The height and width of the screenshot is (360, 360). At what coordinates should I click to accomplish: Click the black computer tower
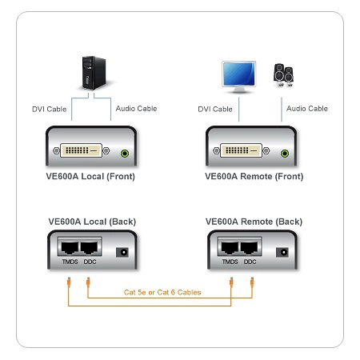94,73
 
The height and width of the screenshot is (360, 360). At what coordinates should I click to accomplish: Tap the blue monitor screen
238,74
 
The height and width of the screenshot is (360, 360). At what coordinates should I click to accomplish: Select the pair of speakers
283,75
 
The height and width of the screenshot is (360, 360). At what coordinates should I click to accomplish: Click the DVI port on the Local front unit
81,150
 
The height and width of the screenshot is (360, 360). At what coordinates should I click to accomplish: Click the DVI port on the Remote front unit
241,150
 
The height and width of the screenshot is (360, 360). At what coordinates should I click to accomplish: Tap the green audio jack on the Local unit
125,154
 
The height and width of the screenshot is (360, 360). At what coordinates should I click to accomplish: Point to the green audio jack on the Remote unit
285,154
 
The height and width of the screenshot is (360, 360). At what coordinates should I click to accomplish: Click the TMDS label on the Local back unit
70,262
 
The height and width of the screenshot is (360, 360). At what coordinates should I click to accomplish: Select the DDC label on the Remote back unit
250,262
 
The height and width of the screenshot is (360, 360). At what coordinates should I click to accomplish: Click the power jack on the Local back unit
122,252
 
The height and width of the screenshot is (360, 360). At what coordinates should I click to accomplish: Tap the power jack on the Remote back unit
282,252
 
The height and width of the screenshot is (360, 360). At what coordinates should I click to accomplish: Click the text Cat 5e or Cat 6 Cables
162,292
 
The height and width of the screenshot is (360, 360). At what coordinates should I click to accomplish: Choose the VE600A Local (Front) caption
90,176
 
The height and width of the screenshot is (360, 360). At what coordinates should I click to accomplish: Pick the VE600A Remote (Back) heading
254,222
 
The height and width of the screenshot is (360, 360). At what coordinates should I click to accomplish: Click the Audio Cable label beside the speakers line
307,109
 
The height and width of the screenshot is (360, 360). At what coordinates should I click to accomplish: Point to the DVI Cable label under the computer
50,109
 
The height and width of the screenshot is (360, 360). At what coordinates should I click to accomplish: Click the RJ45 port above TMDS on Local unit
70,247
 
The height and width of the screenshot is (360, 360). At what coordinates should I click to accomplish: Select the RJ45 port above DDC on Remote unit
250,247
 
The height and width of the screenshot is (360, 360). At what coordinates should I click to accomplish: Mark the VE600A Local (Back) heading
92,222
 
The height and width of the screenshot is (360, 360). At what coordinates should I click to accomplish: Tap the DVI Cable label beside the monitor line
215,109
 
